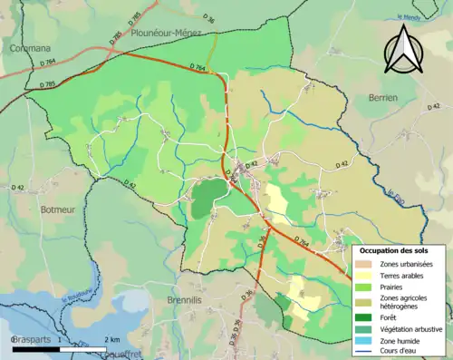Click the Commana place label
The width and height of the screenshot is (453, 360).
click(30, 47)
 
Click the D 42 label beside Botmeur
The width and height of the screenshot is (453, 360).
click(18, 187)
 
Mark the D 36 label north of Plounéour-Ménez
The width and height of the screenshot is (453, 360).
click(208, 16)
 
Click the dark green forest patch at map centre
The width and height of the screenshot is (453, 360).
click(206, 197)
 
